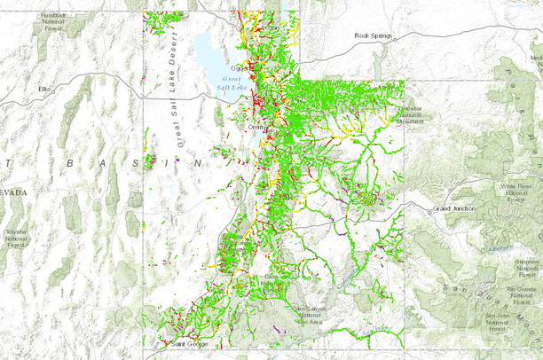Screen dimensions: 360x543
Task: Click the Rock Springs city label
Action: [373, 35]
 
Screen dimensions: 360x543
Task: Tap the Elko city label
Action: [44, 89]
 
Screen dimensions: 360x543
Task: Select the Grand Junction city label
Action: [454, 208]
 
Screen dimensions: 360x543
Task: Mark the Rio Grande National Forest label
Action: [522, 293]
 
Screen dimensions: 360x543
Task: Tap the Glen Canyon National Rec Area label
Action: [311, 314]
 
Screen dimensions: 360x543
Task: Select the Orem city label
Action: [255, 127]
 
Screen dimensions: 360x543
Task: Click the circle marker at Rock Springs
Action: [396, 39]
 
